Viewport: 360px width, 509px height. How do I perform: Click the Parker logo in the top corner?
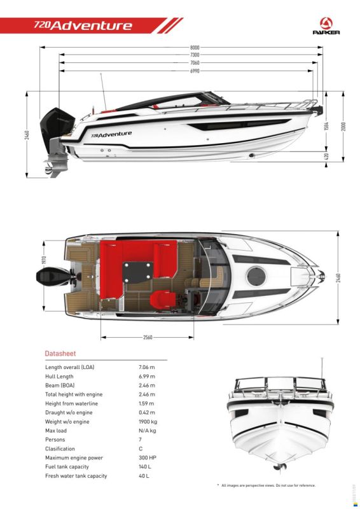click(x=326, y=26)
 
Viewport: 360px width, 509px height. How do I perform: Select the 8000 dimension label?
click(x=195, y=47)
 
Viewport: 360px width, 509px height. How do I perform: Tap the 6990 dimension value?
click(x=195, y=71)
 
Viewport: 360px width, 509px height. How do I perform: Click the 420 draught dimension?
click(x=326, y=156)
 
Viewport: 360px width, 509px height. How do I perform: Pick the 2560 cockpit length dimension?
click(x=148, y=337)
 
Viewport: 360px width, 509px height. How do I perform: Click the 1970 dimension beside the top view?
click(x=44, y=260)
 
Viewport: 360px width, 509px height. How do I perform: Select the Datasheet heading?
click(x=60, y=354)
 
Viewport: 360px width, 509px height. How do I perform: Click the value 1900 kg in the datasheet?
click(x=148, y=422)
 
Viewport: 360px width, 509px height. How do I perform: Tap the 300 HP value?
click(x=148, y=457)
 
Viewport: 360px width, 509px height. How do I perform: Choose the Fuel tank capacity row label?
click(x=67, y=467)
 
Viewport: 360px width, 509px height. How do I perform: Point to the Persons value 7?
click(x=140, y=440)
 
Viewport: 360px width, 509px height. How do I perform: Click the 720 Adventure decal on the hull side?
click(x=111, y=134)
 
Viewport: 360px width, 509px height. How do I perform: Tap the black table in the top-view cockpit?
click(x=138, y=272)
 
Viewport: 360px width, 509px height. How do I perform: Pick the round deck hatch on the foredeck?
click(x=256, y=277)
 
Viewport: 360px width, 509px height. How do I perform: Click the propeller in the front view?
click(x=279, y=468)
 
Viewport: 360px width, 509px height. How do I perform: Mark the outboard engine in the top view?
click(x=56, y=277)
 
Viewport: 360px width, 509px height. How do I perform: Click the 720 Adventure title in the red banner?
click(x=83, y=25)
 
